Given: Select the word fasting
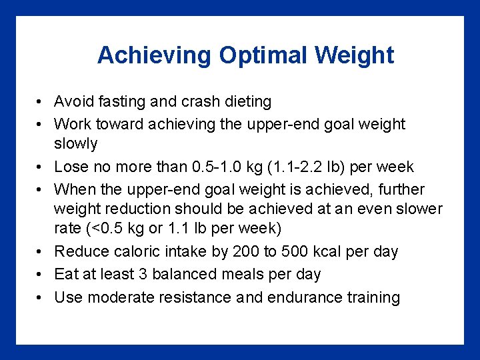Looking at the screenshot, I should (117, 102).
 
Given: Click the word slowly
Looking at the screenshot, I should (76, 144).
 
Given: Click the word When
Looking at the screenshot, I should (73, 189).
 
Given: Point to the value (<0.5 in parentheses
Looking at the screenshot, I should (104, 229).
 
